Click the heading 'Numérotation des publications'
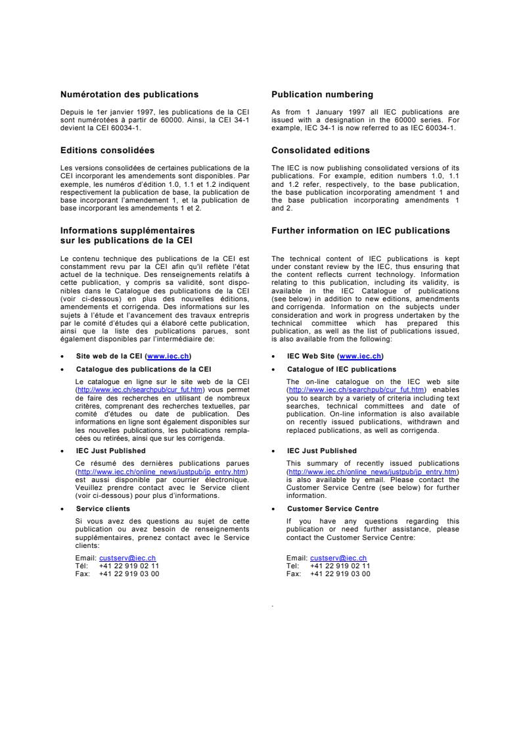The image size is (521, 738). click(129, 95)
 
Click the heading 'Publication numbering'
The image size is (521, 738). click(322, 95)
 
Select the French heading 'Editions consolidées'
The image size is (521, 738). click(107, 151)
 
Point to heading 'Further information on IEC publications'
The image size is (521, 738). click(361, 231)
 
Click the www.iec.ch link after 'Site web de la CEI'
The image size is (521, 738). click(168, 356)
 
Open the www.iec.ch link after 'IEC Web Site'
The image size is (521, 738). click(361, 356)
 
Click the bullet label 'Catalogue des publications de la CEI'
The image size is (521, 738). click(143, 370)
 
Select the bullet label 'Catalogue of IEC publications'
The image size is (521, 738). click(342, 370)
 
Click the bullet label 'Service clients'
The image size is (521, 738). click(102, 508)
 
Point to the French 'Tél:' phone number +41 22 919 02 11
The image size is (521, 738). click(129, 566)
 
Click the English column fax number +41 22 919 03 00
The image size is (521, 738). click(340, 574)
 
